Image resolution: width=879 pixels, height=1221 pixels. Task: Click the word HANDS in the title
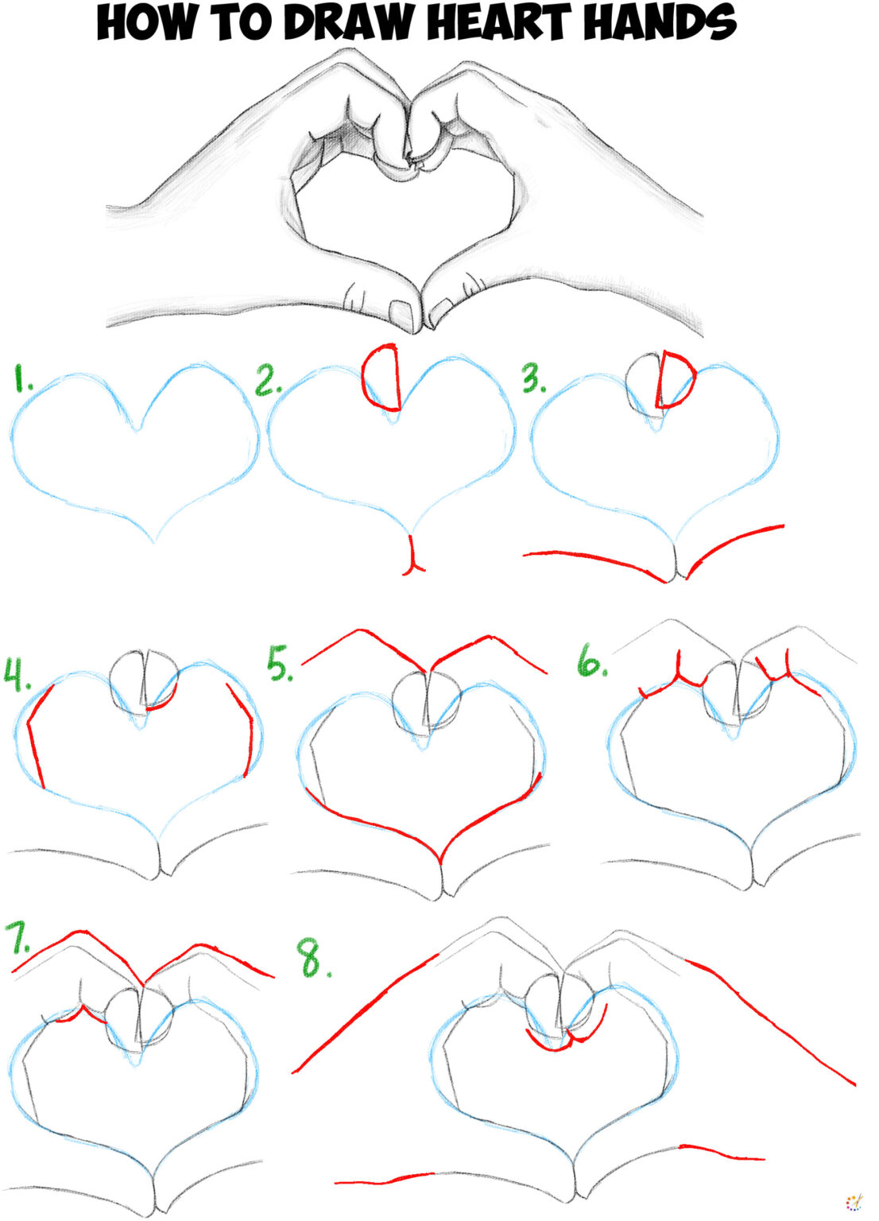[660, 23]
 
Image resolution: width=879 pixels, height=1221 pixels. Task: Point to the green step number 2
[268, 381]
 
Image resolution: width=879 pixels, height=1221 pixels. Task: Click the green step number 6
[592, 661]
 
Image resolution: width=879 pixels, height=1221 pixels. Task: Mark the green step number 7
[18, 938]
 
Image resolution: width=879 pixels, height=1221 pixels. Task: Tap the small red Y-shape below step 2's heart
[412, 556]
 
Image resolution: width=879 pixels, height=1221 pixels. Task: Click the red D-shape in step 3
[676, 380]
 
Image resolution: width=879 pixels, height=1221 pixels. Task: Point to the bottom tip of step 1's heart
[153, 543]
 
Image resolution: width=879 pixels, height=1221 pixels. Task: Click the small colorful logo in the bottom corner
[854, 1201]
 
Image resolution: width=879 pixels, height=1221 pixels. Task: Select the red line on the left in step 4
[36, 735]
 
